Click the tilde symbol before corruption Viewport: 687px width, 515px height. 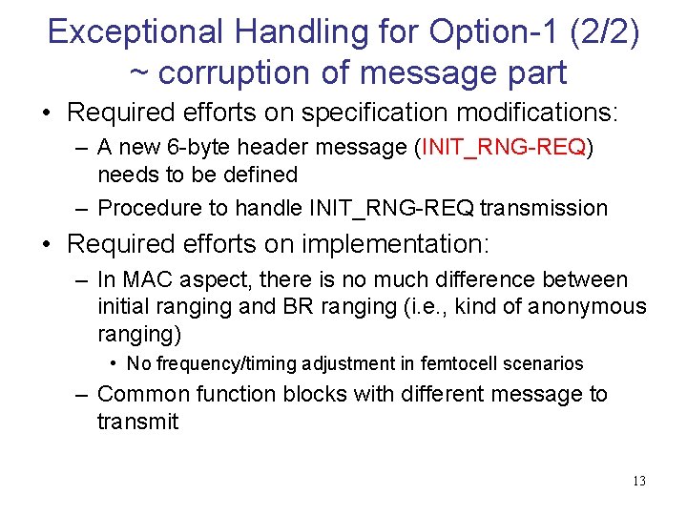(x=138, y=72)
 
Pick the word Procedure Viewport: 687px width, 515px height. (x=153, y=208)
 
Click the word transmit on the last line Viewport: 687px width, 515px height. (x=137, y=421)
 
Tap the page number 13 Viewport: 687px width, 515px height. (x=638, y=481)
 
